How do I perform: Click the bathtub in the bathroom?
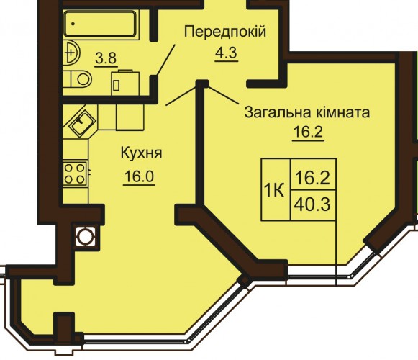pyautogui.click(x=100, y=24)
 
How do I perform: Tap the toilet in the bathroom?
pyautogui.click(x=77, y=79)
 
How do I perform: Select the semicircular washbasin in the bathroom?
pyautogui.click(x=71, y=53)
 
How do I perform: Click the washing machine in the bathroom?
pyautogui.click(x=125, y=83)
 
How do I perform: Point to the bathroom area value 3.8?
pyautogui.click(x=106, y=58)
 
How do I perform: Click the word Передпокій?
pyautogui.click(x=225, y=32)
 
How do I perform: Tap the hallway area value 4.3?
pyautogui.click(x=226, y=53)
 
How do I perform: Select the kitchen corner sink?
pyautogui.click(x=82, y=122)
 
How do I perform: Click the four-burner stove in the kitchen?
pyautogui.click(x=75, y=174)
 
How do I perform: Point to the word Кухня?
pyautogui.click(x=141, y=153)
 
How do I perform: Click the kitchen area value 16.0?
pyautogui.click(x=139, y=176)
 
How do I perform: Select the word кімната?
pyautogui.click(x=343, y=112)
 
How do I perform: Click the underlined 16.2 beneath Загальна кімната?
pyautogui.click(x=308, y=132)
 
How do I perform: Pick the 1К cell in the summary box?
pyautogui.click(x=276, y=189)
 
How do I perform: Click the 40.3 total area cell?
pyautogui.click(x=313, y=205)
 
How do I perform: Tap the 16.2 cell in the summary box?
pyautogui.click(x=313, y=174)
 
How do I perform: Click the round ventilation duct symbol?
pyautogui.click(x=86, y=236)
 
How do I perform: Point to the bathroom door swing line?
pyautogui.click(x=165, y=60)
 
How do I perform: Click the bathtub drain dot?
pyautogui.click(x=73, y=24)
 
